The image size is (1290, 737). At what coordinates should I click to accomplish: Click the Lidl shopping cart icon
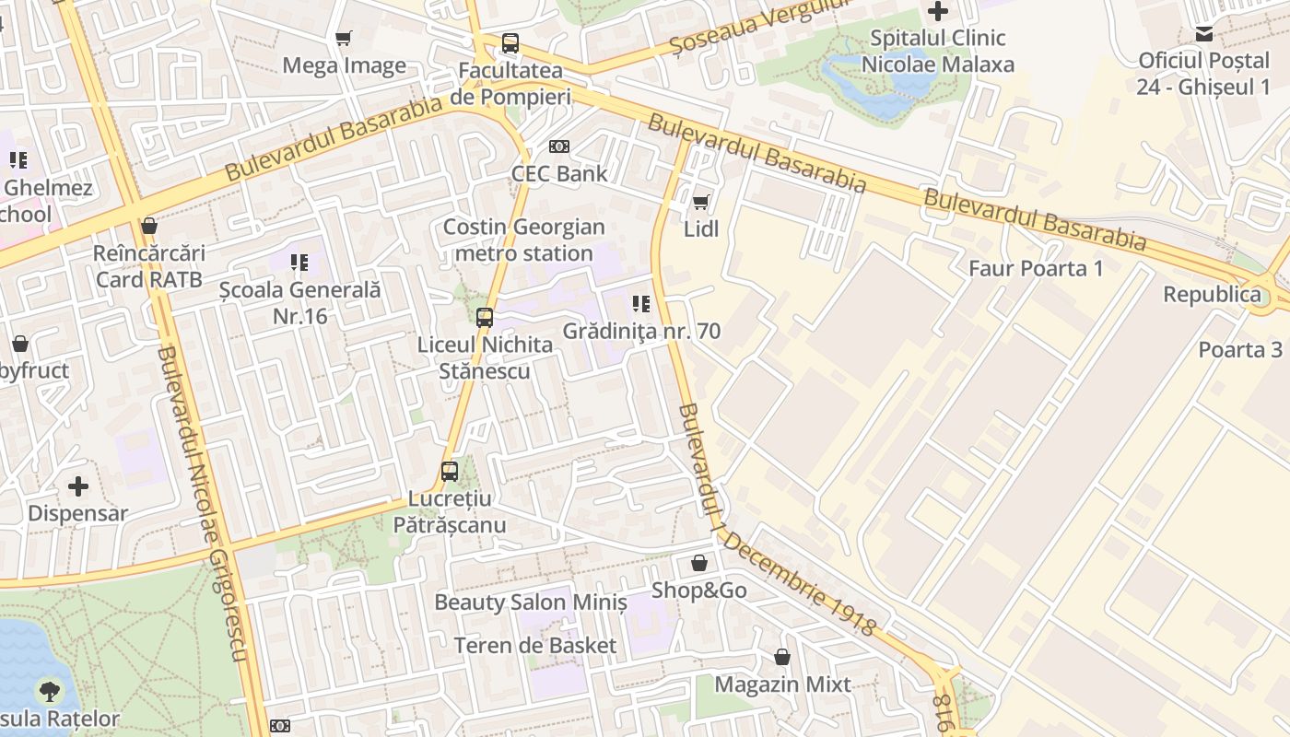701,201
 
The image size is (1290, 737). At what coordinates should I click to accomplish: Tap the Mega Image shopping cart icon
344,38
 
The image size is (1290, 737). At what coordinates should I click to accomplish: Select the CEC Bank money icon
559,146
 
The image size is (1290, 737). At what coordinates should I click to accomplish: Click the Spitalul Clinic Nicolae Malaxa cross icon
938,11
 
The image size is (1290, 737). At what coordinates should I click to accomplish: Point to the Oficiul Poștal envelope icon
1203,34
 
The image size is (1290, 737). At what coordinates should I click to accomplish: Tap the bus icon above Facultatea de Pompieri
510,42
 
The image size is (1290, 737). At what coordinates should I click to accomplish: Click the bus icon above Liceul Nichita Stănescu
485,318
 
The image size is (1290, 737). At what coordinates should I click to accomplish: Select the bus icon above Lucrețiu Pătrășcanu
450,471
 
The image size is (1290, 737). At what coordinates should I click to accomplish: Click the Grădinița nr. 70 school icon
641,303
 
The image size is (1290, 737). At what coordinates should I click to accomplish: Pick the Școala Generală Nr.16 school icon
299,263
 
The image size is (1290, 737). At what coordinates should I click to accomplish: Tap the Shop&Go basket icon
699,563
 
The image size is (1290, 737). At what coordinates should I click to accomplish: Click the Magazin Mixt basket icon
782,657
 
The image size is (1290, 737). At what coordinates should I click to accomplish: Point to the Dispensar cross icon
78,485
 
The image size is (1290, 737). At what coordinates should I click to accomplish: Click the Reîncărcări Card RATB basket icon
149,226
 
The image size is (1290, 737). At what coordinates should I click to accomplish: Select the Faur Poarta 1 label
1036,269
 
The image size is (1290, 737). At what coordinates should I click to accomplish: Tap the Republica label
1212,295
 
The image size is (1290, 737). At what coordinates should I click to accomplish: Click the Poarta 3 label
1240,350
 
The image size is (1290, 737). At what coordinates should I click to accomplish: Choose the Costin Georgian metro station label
523,240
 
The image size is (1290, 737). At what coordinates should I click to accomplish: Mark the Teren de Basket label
534,646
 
